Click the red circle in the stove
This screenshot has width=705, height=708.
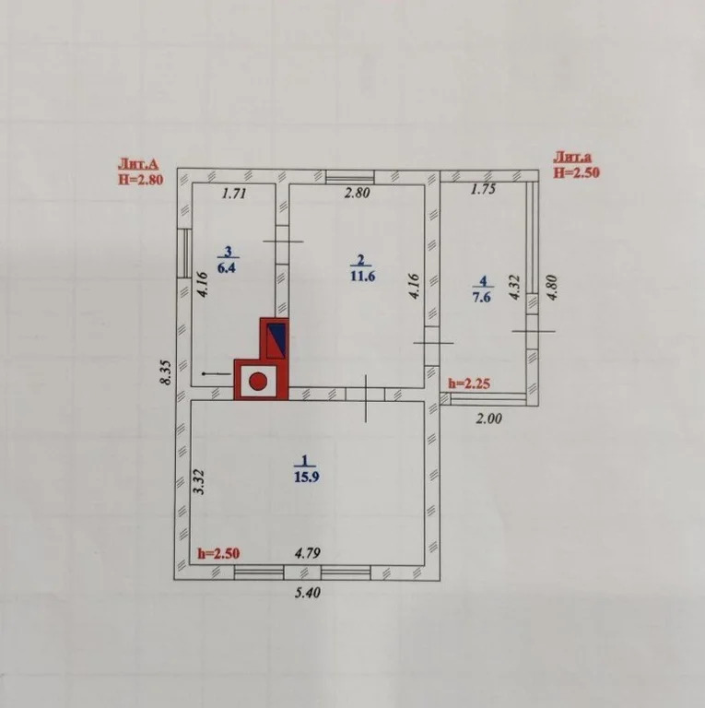pyautogui.click(x=259, y=382)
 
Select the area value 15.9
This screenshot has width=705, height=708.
pyautogui.click(x=307, y=477)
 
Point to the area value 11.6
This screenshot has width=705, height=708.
pyautogui.click(x=362, y=276)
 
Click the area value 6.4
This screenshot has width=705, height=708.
pyautogui.click(x=227, y=267)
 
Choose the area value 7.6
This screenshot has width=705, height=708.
pyautogui.click(x=482, y=298)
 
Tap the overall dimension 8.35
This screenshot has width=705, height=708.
pyautogui.click(x=167, y=372)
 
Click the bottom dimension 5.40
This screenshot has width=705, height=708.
pyautogui.click(x=308, y=592)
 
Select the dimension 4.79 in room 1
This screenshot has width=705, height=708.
pyautogui.click(x=308, y=553)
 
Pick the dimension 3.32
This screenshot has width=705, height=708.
pyautogui.click(x=199, y=482)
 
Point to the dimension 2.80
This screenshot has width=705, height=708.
pyautogui.click(x=357, y=193)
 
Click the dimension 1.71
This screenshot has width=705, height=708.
pyautogui.click(x=234, y=194)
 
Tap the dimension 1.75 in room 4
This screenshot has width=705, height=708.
pyautogui.click(x=484, y=189)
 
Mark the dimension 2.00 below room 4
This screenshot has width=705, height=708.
pyautogui.click(x=488, y=419)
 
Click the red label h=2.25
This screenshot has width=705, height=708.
pyautogui.click(x=469, y=383)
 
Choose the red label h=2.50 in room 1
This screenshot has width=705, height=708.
pyautogui.click(x=219, y=553)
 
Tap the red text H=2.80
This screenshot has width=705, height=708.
pyautogui.click(x=141, y=179)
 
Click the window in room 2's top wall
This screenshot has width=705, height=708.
pyautogui.click(x=350, y=177)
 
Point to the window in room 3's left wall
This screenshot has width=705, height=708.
pyautogui.click(x=183, y=253)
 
